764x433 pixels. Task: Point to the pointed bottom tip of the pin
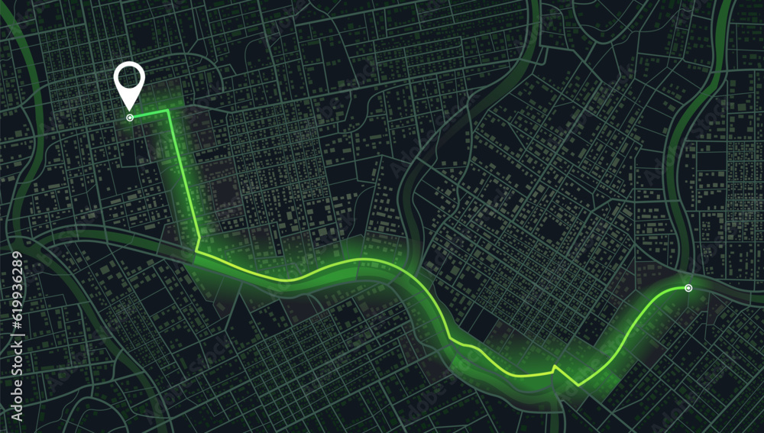(129, 108)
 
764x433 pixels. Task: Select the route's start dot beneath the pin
(130, 118)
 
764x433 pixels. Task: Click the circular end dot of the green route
(688, 288)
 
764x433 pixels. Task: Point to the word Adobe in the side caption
(17, 403)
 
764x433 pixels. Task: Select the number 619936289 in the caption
(17, 283)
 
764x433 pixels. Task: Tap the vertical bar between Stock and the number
(17, 334)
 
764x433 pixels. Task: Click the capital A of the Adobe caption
(17, 418)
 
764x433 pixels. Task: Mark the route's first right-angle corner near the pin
(168, 111)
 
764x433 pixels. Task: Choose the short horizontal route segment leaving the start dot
(150, 115)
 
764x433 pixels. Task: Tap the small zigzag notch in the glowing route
(555, 369)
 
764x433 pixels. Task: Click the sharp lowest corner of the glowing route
(578, 384)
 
